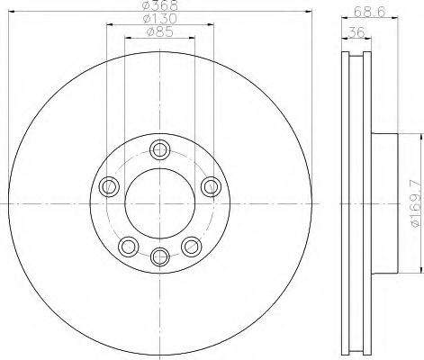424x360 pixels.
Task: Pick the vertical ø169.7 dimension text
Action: (415, 205)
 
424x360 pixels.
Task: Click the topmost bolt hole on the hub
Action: (160, 149)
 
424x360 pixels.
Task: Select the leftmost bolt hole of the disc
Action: (111, 186)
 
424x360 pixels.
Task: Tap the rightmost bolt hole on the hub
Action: (210, 186)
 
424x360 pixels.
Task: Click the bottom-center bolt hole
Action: (160, 255)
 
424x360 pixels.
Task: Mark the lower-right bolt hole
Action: (190, 245)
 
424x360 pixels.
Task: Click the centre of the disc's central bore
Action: (160, 204)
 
